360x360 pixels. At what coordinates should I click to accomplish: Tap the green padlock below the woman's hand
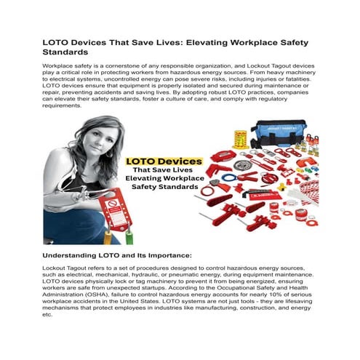click(129, 236)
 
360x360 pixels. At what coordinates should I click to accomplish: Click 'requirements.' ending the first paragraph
click(63, 105)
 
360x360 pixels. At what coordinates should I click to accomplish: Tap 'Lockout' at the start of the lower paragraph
click(56, 270)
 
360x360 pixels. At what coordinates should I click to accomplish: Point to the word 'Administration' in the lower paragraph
click(65, 296)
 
